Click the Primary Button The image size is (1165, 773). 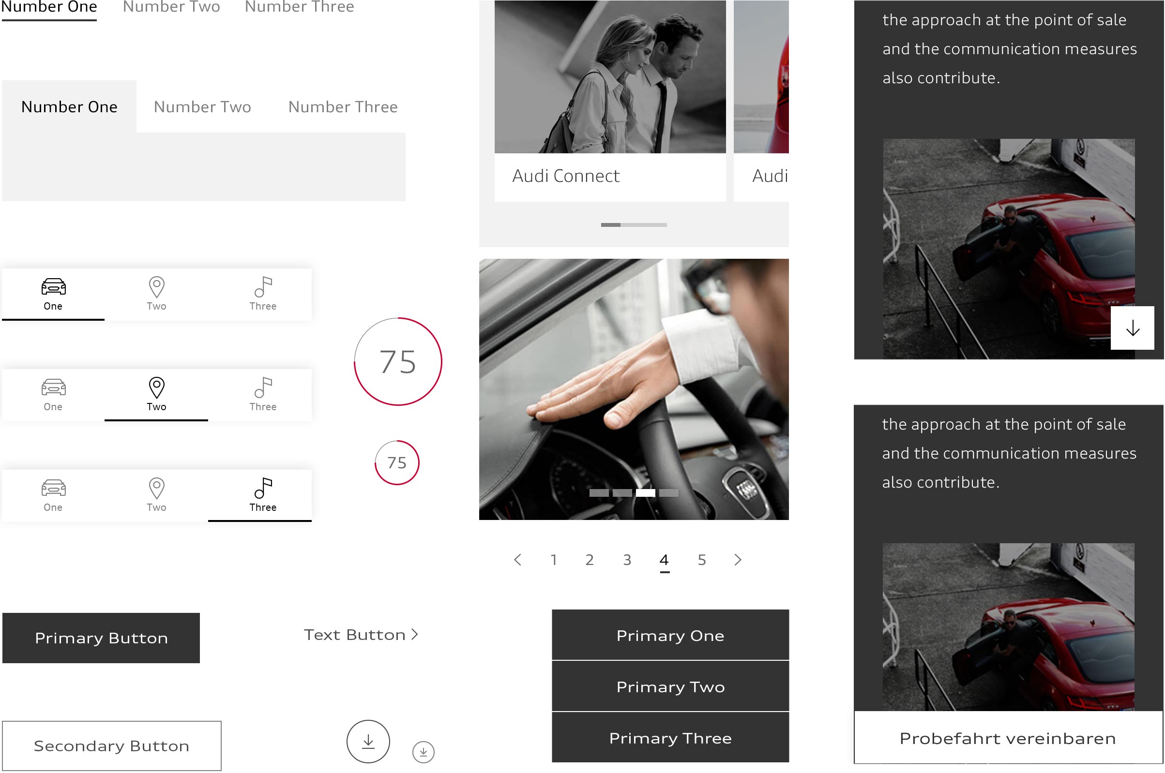pos(101,638)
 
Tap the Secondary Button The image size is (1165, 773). pos(111,745)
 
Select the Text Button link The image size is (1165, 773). pos(361,635)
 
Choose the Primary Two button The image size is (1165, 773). pos(670,686)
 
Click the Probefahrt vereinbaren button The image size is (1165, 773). pos(1008,738)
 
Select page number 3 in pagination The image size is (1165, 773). pos(627,560)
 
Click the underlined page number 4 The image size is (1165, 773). pos(664,560)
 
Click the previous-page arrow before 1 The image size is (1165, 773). pos(517,560)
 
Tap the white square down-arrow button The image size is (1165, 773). pos(1132,328)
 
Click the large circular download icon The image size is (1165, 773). pos(368,741)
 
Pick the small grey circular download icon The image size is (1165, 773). pos(423,752)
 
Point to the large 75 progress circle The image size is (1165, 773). pos(398,361)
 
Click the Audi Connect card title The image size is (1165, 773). pos(566,176)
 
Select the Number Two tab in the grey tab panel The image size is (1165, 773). pos(202,107)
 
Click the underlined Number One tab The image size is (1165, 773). pos(49,7)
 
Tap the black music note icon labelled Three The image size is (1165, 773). pos(263,488)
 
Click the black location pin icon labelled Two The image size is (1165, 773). pos(156,387)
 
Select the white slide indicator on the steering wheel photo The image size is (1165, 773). pos(645,492)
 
